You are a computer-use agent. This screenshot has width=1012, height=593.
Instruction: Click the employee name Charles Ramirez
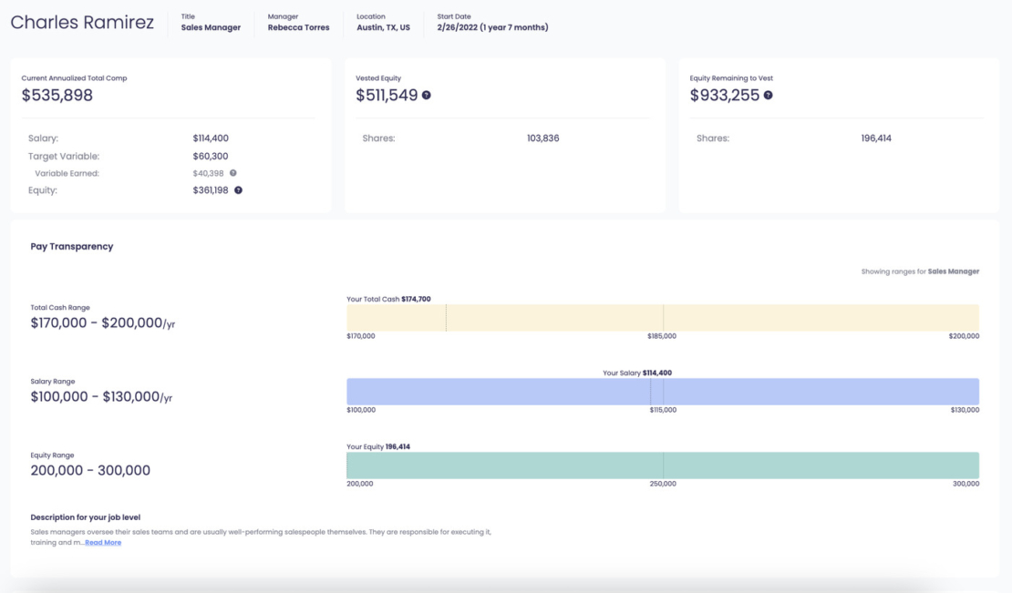tap(82, 23)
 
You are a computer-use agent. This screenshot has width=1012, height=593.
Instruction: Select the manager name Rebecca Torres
tap(298, 28)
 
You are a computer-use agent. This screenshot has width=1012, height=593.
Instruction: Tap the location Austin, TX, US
tap(383, 28)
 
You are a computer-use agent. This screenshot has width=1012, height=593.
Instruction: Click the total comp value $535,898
tap(57, 95)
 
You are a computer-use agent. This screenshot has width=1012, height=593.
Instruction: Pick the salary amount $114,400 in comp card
tap(211, 138)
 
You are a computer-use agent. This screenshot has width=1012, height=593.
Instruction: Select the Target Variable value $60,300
tap(211, 156)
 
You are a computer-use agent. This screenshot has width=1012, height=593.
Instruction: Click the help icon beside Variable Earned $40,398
tap(233, 173)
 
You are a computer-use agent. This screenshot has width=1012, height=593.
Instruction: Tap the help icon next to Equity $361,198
tap(239, 190)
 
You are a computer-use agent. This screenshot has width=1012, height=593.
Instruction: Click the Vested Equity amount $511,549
tap(387, 95)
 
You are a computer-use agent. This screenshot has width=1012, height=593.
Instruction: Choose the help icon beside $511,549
tap(427, 96)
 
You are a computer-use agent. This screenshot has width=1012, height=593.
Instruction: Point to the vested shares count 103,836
tap(543, 138)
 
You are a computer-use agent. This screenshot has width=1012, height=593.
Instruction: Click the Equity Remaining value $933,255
tap(725, 95)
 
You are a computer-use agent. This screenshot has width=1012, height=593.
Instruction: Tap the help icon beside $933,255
tap(768, 96)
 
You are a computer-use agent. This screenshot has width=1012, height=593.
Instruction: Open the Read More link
tap(103, 543)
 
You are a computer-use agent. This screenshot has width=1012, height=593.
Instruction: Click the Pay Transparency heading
tap(72, 247)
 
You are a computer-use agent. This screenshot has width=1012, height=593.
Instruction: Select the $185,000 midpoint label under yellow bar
tap(662, 336)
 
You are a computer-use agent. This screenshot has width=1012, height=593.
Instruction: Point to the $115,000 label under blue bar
tap(662, 410)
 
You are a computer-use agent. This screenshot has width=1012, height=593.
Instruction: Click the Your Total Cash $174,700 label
tap(388, 299)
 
